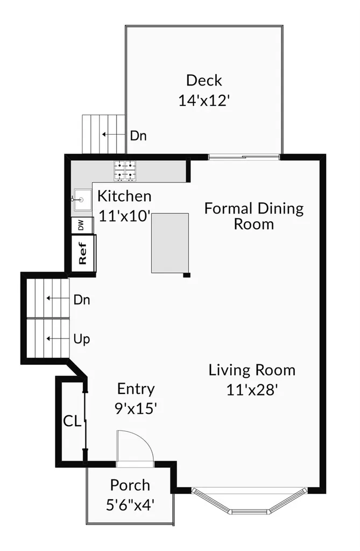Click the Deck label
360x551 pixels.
204,81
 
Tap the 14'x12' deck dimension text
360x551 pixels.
204,101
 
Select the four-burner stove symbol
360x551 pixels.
125,171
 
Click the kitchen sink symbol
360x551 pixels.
82,200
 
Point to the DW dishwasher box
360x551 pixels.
82,225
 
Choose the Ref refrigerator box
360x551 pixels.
83,253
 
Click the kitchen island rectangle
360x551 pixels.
170,243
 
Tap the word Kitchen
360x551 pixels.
124,196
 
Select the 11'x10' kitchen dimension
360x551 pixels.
125,216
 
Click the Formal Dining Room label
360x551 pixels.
254,216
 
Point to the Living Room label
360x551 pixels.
252,370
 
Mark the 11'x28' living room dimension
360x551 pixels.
252,390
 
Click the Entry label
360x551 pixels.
136,389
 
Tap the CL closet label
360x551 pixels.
72,421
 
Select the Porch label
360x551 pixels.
130,485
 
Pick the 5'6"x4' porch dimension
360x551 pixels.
130,505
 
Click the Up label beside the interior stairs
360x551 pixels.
82,340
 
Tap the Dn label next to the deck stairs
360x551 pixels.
138,136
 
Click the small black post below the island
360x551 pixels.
187,275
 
